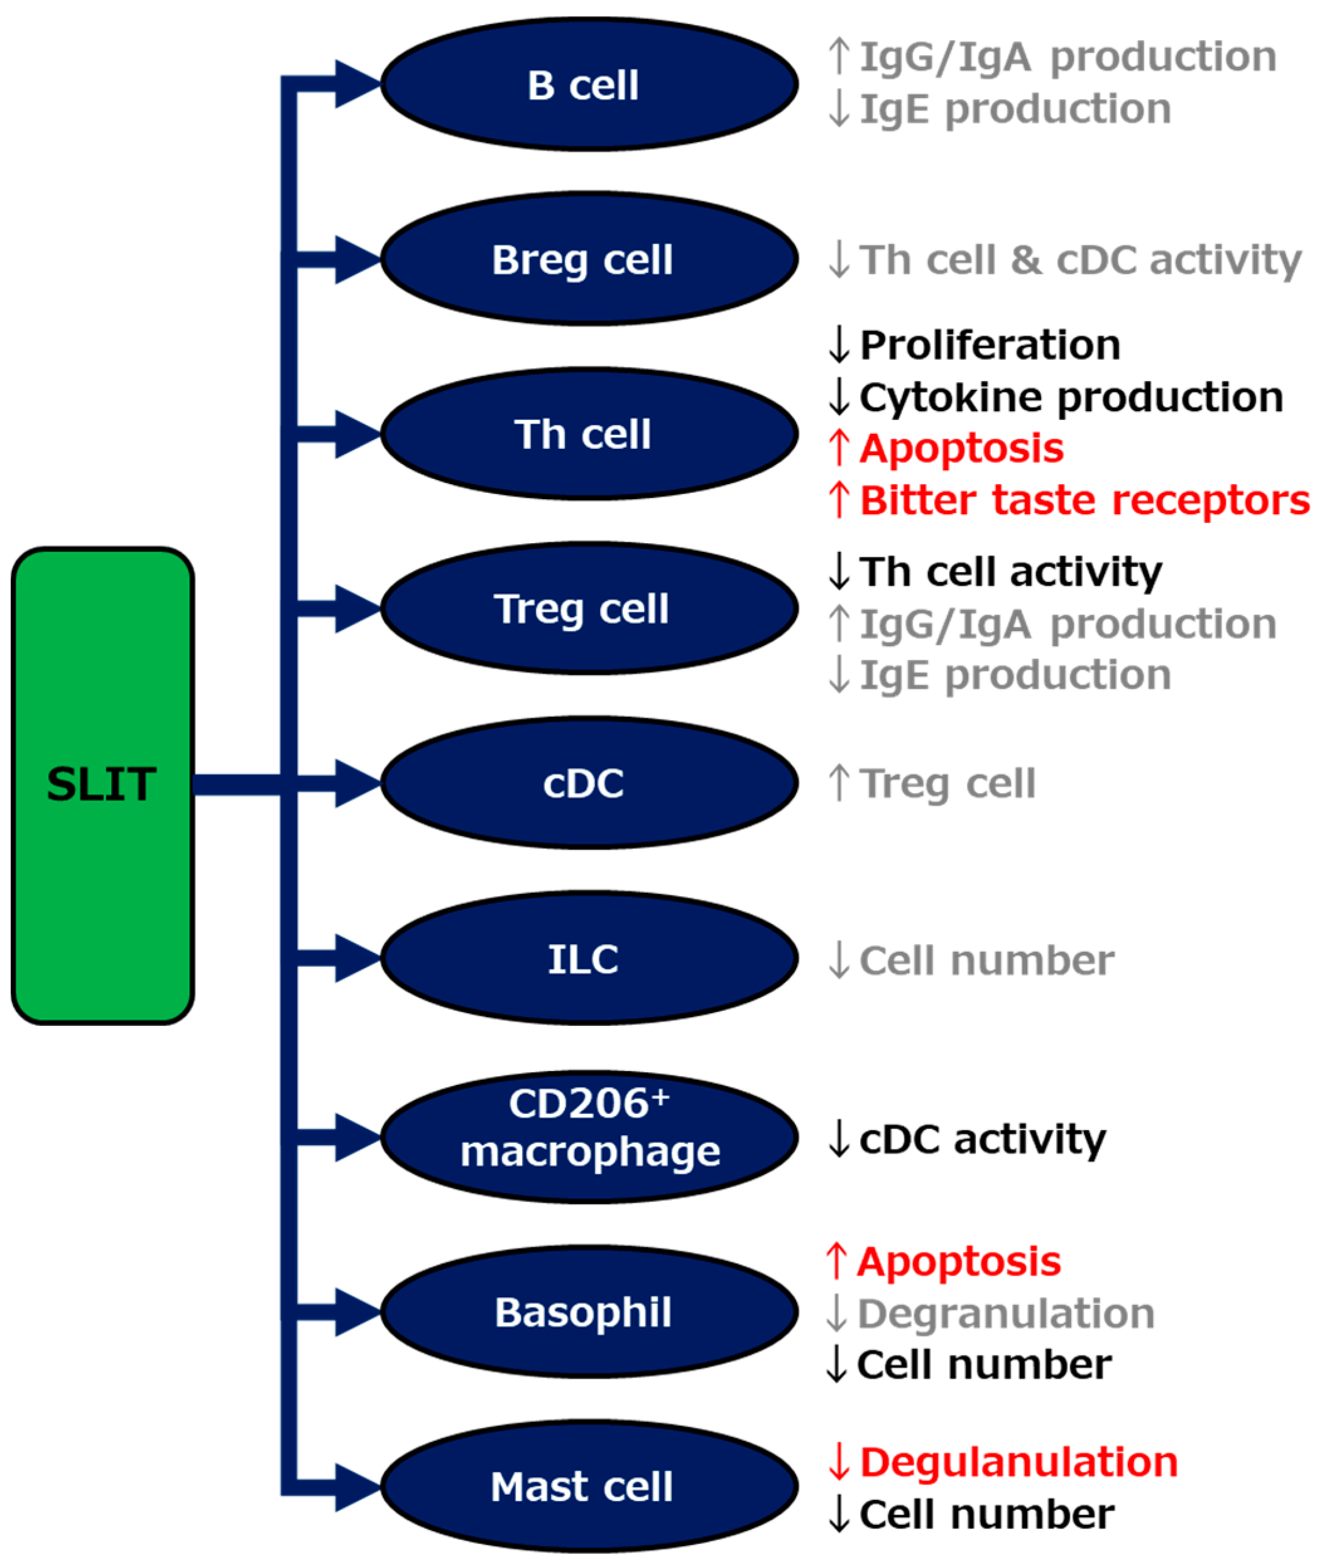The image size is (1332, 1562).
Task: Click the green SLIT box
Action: pos(102,785)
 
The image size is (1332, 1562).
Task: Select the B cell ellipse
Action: pos(588,84)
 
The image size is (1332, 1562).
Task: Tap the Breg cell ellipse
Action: pos(588,259)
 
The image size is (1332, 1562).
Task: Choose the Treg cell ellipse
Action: pos(588,608)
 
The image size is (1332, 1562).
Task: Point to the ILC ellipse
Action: pos(588,958)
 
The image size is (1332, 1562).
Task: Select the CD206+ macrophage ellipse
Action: pos(588,1136)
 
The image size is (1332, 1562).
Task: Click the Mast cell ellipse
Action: pos(588,1486)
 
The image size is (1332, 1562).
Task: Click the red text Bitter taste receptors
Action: pos(1084,500)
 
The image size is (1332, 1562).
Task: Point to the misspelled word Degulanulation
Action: pos(1018,1462)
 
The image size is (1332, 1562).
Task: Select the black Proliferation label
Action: pos(990,345)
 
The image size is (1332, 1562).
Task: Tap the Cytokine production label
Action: pos(1071,397)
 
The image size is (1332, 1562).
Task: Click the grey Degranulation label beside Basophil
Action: pos(1005,1314)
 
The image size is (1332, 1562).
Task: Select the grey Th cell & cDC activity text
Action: pos(1080,260)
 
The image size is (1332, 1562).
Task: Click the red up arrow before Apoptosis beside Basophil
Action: pos(835,1261)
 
